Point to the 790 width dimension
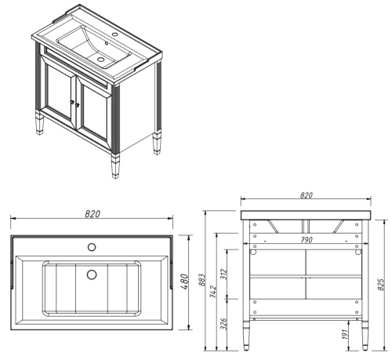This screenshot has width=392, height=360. pos(306,240)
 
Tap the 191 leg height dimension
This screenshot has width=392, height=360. pos(343,334)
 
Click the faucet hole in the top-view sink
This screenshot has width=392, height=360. pos(91,248)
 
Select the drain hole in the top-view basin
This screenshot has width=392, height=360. pos(91,275)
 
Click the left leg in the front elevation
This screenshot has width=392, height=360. pos(249,333)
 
